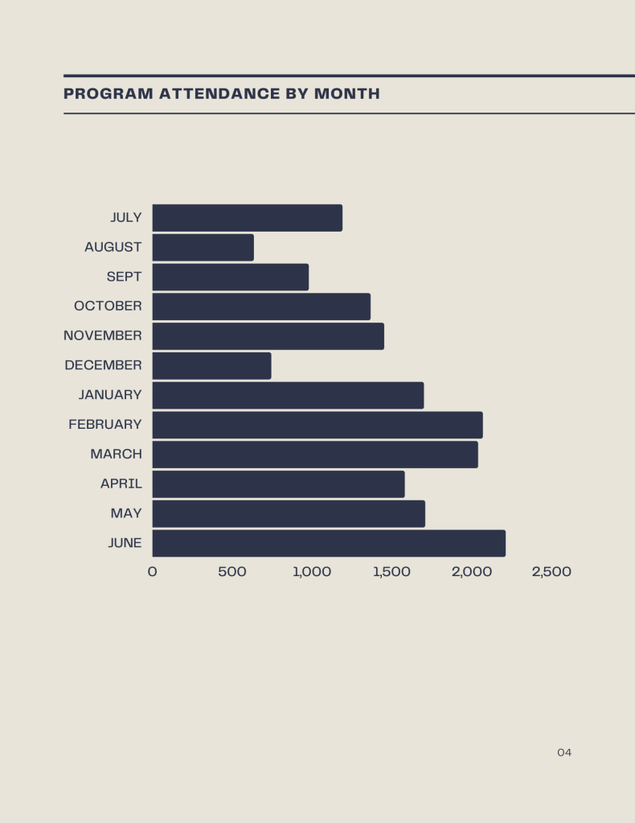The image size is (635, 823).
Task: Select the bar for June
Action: (x=329, y=543)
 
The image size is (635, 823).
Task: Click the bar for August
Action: (x=203, y=248)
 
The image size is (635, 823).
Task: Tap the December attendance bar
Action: (x=211, y=366)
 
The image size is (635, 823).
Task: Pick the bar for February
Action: (x=317, y=425)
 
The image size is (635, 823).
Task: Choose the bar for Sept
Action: (x=230, y=277)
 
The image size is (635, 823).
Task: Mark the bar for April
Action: (x=278, y=484)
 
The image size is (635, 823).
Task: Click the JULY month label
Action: (x=126, y=218)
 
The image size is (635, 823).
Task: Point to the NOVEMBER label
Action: (x=103, y=335)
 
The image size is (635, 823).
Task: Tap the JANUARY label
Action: (x=110, y=395)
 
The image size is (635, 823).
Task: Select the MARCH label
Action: (x=116, y=454)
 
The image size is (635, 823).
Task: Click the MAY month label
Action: (x=126, y=513)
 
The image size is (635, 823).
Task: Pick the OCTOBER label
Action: (x=108, y=307)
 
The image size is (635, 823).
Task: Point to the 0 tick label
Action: (x=153, y=572)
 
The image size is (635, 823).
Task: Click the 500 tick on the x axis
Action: (x=232, y=572)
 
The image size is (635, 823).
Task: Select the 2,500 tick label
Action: (x=551, y=572)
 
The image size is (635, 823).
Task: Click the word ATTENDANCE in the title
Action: (x=219, y=94)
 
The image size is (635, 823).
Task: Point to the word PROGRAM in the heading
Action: (x=109, y=94)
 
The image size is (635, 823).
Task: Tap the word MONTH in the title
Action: (x=347, y=94)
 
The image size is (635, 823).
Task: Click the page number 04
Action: (x=564, y=753)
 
